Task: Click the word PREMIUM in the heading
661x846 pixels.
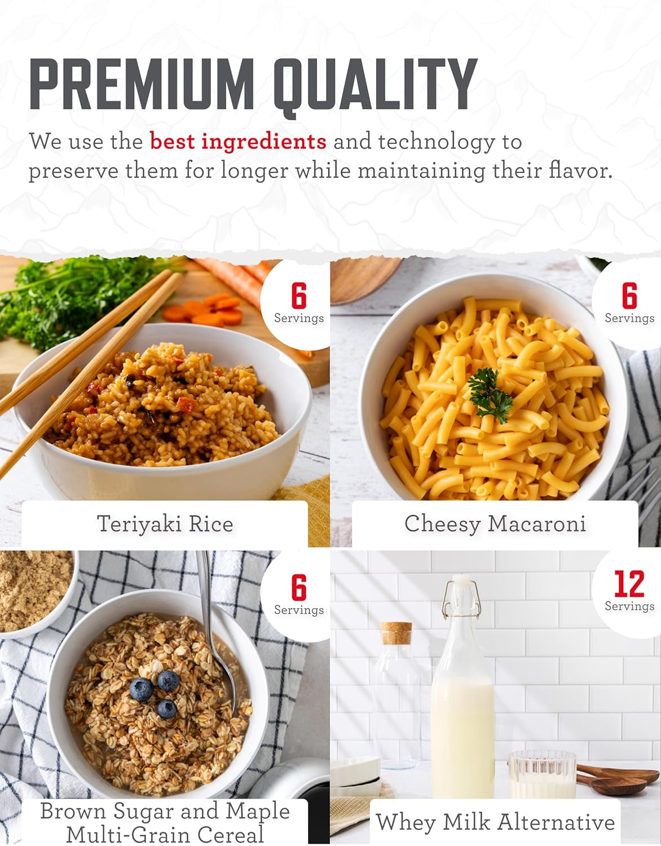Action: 142,84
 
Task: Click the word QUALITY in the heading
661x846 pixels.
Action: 375,87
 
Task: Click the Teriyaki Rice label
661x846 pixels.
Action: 165,523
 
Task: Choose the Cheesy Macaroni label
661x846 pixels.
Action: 495,523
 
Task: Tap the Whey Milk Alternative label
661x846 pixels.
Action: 495,822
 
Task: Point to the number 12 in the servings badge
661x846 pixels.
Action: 629,584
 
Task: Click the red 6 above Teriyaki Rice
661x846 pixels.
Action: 299,296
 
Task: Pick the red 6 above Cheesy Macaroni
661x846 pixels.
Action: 629,296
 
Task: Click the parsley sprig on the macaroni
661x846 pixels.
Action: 490,395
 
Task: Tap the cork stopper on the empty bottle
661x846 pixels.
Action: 395,633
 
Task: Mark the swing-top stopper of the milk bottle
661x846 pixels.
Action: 462,596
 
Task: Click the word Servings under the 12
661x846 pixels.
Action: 629,606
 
